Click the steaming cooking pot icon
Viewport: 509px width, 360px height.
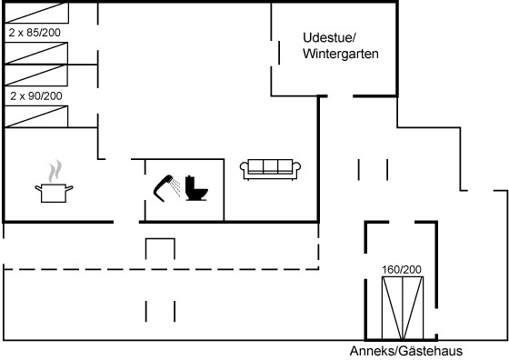pos(54,181)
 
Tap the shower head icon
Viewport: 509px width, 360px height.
pos(164,188)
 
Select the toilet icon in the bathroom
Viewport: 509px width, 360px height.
pos(196,188)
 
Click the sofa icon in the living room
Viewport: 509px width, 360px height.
pos(270,169)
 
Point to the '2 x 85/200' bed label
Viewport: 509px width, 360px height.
pos(35,33)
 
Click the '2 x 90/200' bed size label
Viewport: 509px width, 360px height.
pos(36,96)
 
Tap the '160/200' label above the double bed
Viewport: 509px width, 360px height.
pos(402,269)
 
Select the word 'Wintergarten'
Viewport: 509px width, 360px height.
pos(341,54)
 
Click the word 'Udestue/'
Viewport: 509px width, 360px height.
pos(329,37)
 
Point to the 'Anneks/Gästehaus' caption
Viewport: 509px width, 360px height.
pos(406,351)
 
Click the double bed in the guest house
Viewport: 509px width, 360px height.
pos(403,308)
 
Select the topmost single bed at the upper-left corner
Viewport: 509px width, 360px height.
pos(36,13)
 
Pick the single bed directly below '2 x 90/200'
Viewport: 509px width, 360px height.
pos(36,116)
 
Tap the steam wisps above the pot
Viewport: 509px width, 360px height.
pos(55,171)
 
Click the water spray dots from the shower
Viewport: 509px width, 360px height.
pos(175,187)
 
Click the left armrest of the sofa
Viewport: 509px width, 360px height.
pos(245,169)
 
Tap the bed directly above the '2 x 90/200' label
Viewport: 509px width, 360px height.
pos(36,75)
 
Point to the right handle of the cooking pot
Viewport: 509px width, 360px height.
pos(69,187)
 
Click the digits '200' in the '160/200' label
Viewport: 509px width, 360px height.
pos(413,269)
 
